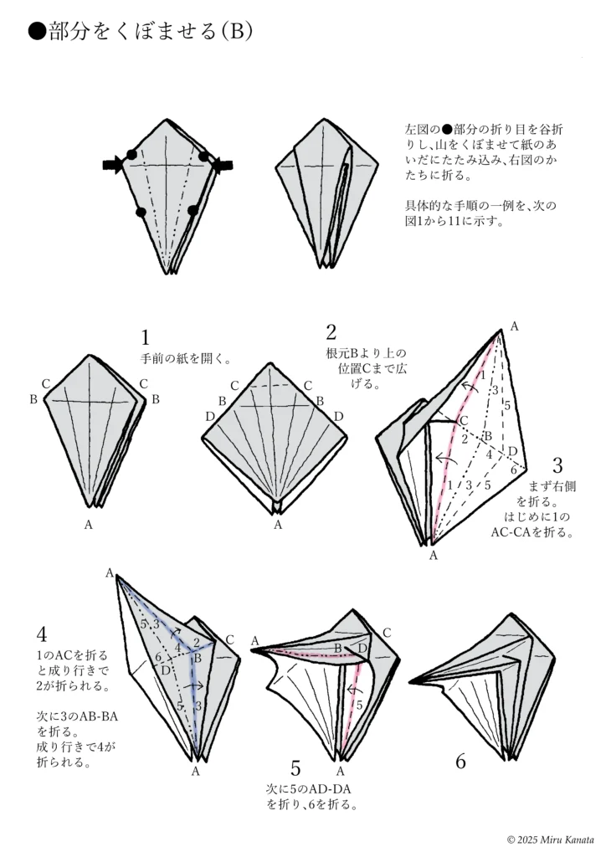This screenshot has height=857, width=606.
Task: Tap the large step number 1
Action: [146, 337]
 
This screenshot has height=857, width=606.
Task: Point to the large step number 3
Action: [557, 465]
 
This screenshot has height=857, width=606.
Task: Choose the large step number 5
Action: [295, 768]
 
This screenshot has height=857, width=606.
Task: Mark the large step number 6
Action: [460, 761]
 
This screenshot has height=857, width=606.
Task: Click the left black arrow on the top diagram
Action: [111, 165]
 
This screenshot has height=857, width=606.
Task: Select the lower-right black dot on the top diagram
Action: [193, 210]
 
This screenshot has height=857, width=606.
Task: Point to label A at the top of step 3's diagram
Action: [513, 326]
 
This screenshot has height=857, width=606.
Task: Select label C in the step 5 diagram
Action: [387, 632]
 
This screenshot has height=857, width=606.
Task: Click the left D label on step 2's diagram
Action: [210, 416]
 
